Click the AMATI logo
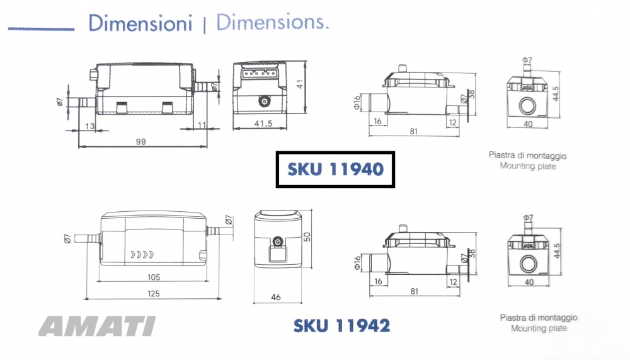click(97, 326)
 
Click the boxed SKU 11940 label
click(336, 170)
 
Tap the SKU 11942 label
click(341, 325)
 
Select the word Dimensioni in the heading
click(140, 23)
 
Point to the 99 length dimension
click(140, 142)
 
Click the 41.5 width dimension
click(263, 124)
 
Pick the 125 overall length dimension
click(154, 294)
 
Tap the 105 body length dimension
click(154, 277)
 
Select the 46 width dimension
click(276, 297)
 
